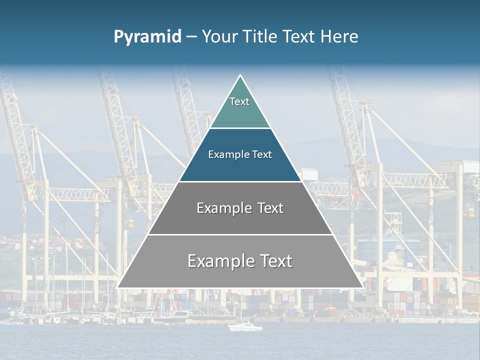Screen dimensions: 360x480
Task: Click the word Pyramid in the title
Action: click(x=147, y=37)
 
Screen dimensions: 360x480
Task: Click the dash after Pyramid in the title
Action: click(x=191, y=37)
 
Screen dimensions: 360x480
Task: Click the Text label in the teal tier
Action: click(x=239, y=101)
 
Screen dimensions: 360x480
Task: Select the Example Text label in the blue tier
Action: click(x=240, y=154)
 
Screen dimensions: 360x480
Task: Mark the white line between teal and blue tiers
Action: click(x=240, y=128)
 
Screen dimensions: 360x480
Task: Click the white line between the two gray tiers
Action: click(x=240, y=234)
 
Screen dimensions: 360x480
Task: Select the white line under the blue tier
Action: click(x=240, y=181)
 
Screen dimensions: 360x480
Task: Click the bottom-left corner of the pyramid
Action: click(x=118, y=287)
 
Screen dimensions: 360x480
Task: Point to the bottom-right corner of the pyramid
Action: click(x=362, y=287)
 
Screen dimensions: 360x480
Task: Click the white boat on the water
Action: click(x=245, y=327)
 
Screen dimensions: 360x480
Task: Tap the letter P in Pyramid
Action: click(x=118, y=37)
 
